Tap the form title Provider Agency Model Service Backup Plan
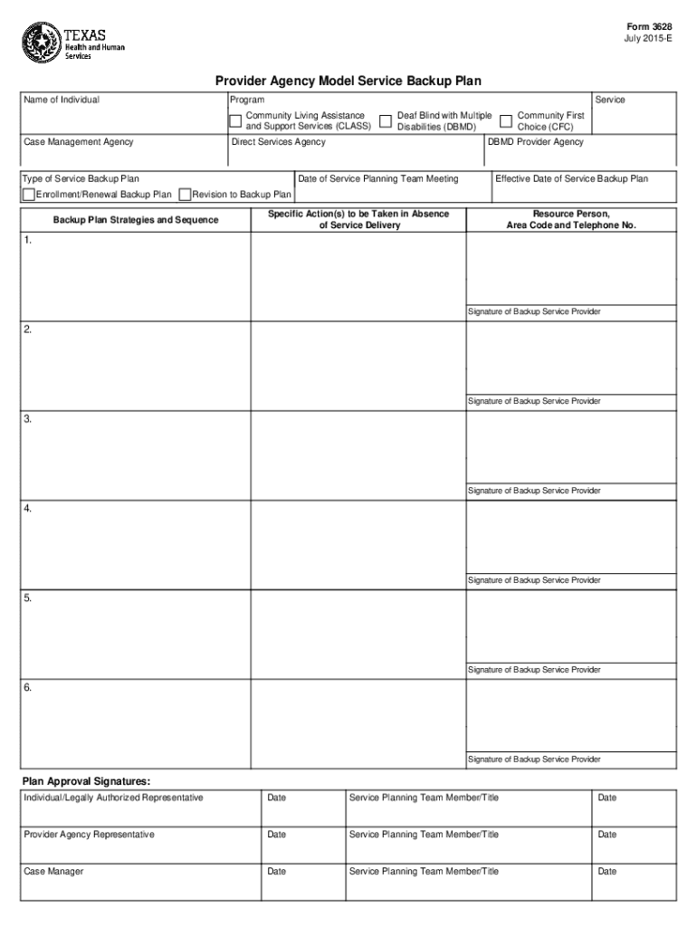tap(348, 81)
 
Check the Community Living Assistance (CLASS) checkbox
tap(235, 120)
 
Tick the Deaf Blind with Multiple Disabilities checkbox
tap(386, 120)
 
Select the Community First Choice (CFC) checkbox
tap(506, 120)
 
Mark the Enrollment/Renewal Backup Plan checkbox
tap(29, 195)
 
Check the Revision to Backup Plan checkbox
tap(186, 195)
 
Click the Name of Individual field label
tap(62, 100)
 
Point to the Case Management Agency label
tap(79, 142)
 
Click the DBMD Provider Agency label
tap(536, 142)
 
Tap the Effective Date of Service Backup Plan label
tap(571, 179)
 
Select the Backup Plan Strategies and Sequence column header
tap(136, 220)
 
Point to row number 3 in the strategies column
tap(28, 419)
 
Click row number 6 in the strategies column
tap(28, 688)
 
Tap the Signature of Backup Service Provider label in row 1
tap(534, 312)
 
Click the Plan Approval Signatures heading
tap(86, 780)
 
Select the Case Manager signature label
tap(53, 872)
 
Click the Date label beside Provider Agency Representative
tap(277, 835)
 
